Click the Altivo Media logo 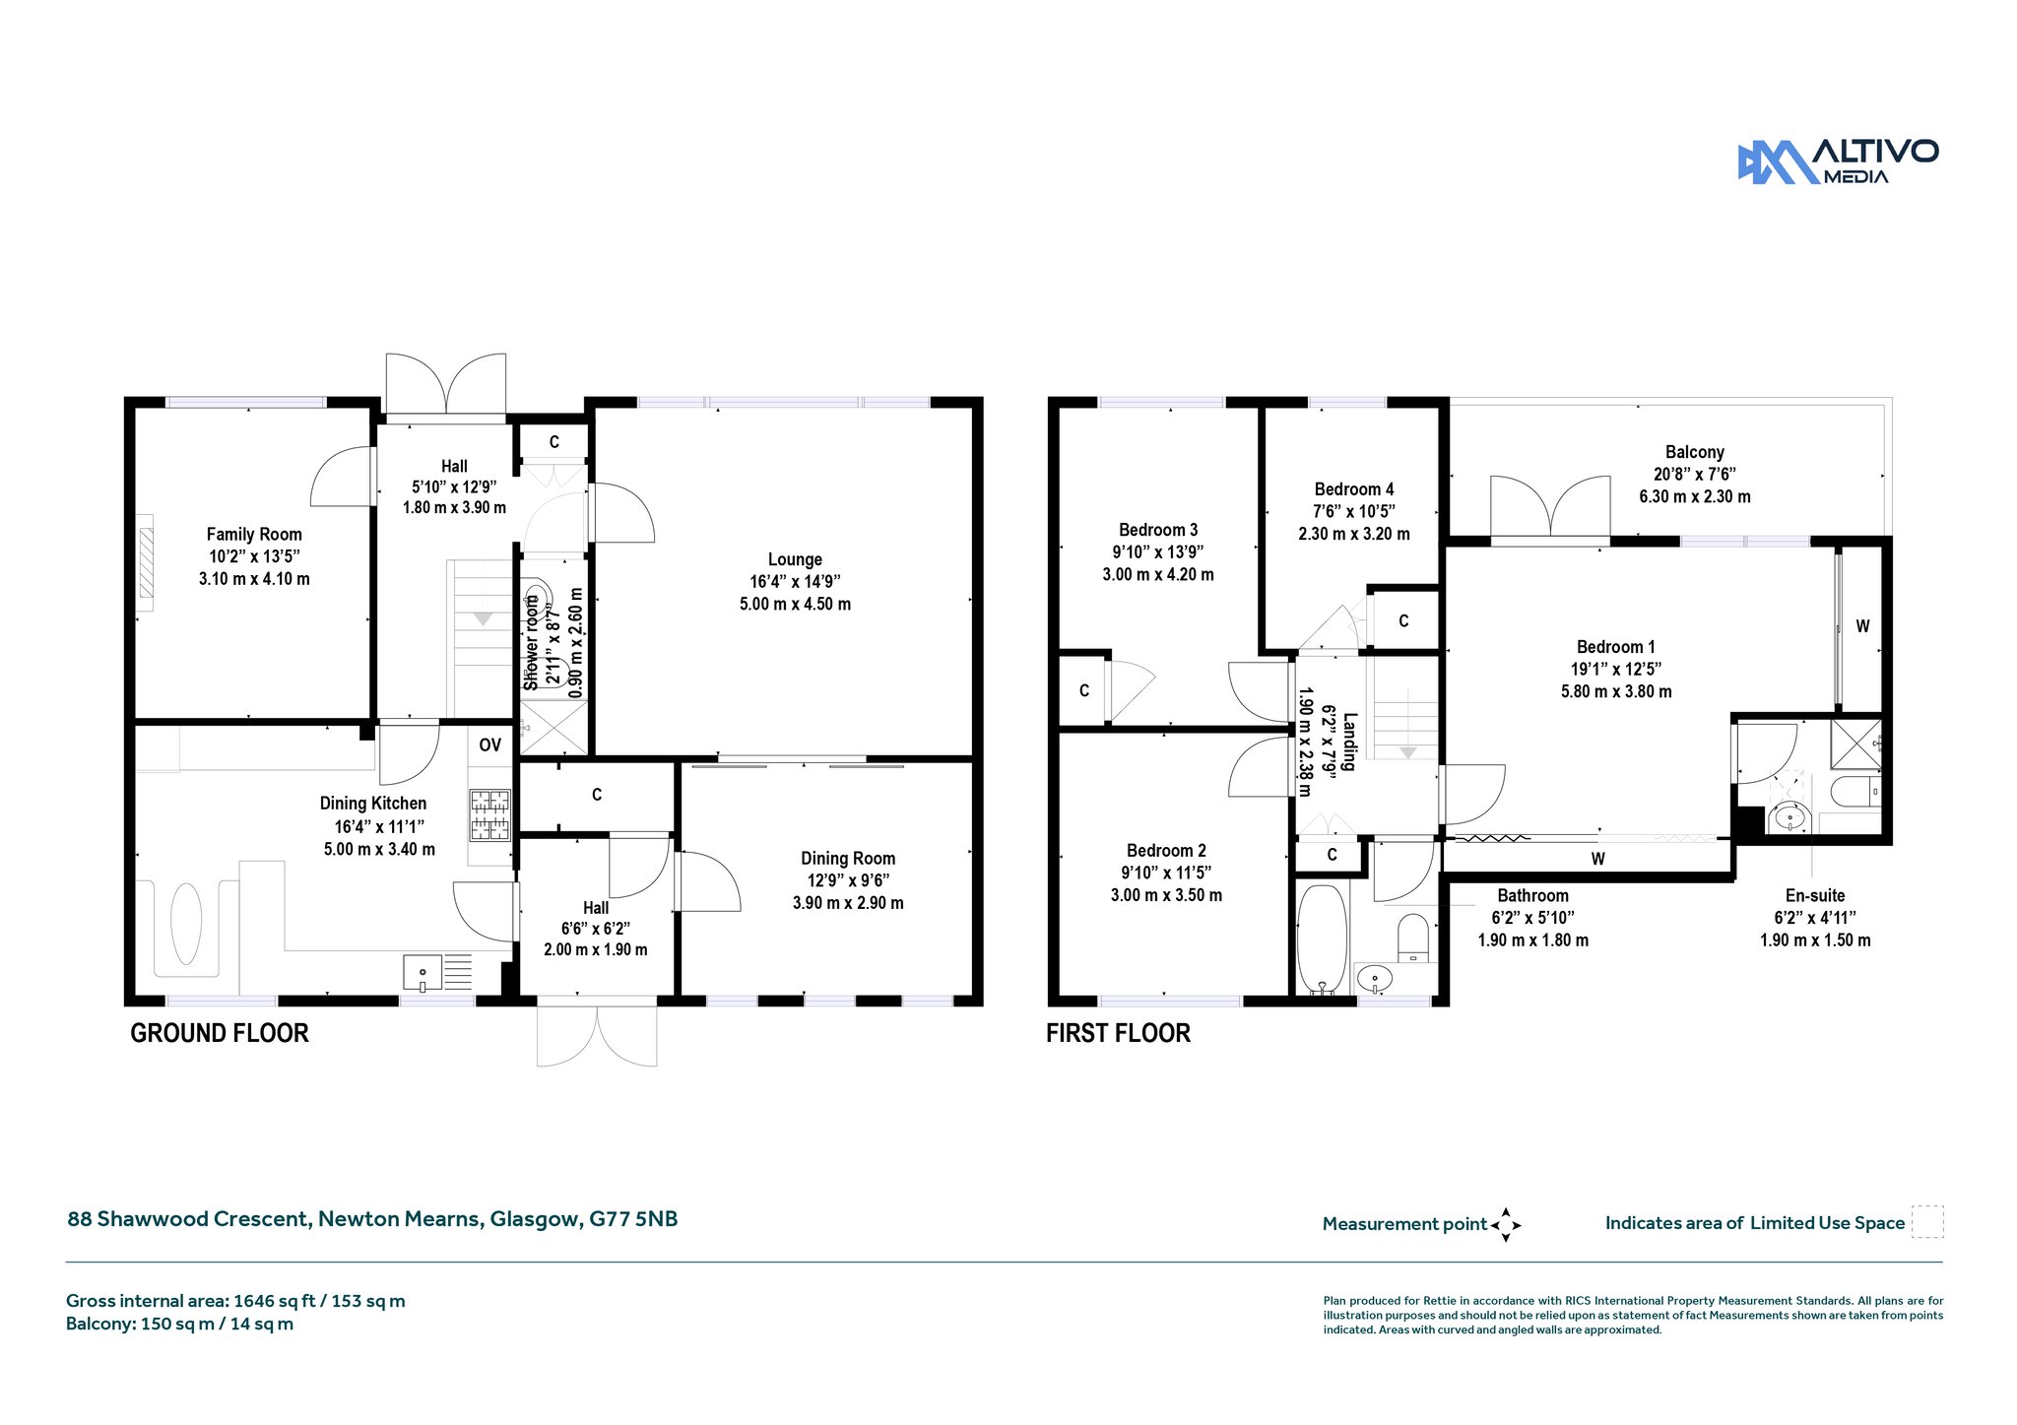pyautogui.click(x=1838, y=162)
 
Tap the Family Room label pyautogui.click(x=254, y=534)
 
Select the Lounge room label pyautogui.click(x=795, y=559)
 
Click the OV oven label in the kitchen pyautogui.click(x=490, y=745)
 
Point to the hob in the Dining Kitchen pyautogui.click(x=490, y=814)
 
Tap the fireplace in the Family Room pyautogui.click(x=147, y=561)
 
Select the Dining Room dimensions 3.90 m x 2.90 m pyautogui.click(x=848, y=903)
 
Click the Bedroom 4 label pyautogui.click(x=1354, y=489)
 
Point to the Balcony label pyautogui.click(x=1695, y=452)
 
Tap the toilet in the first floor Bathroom pyautogui.click(x=1413, y=938)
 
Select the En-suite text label pyautogui.click(x=1815, y=895)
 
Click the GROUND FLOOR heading pyautogui.click(x=220, y=1033)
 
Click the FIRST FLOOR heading pyautogui.click(x=1118, y=1033)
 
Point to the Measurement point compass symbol pyautogui.click(x=1505, y=1225)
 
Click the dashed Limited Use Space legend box pyautogui.click(x=1927, y=1222)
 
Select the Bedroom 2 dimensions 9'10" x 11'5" pyautogui.click(x=1166, y=873)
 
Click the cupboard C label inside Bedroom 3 pyautogui.click(x=1084, y=690)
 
